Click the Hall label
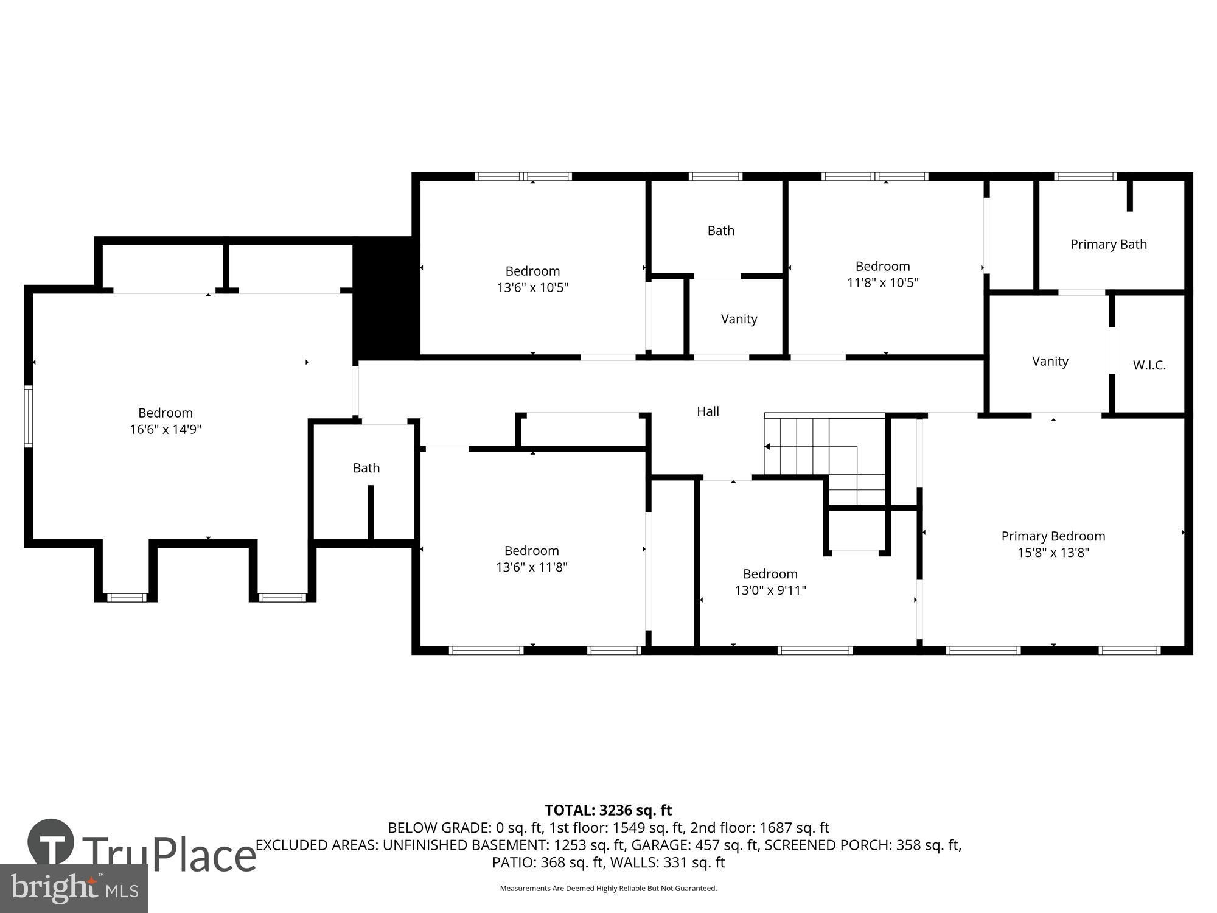[x=708, y=411]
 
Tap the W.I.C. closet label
[x=1149, y=365]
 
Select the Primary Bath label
[x=1108, y=244]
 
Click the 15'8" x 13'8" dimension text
[x=1053, y=553]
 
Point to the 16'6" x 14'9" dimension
[x=166, y=429]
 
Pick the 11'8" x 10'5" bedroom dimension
[x=882, y=282]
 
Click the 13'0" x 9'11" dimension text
[x=770, y=590]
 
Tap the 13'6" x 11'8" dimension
[x=532, y=567]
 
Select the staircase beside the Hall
[x=825, y=460]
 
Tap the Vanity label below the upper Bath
[x=739, y=319]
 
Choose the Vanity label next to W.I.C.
[x=1050, y=362]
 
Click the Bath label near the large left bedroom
[x=366, y=468]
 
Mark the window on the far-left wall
[x=28, y=417]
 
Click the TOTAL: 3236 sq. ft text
[x=608, y=810]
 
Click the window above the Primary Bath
[x=1086, y=177]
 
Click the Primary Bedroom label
[x=1053, y=536]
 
